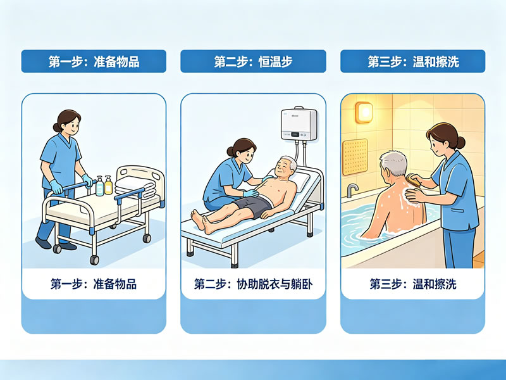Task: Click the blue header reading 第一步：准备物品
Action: pos(94,61)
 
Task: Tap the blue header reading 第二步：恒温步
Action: pos(253,61)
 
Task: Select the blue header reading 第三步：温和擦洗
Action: pos(413,61)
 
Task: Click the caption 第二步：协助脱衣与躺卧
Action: pos(254,284)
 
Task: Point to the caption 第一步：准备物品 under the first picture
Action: pos(94,284)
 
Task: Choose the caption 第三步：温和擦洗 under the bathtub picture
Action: pos(413,284)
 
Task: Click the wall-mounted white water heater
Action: pos(299,124)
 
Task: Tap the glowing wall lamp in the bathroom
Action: pos(364,112)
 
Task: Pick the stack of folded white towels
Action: pos(135,187)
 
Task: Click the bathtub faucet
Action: pos(352,191)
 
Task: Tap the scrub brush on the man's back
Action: pos(414,180)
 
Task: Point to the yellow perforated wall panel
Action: pos(355,156)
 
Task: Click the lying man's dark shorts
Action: pos(252,206)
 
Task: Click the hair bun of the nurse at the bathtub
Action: pos(460,142)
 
